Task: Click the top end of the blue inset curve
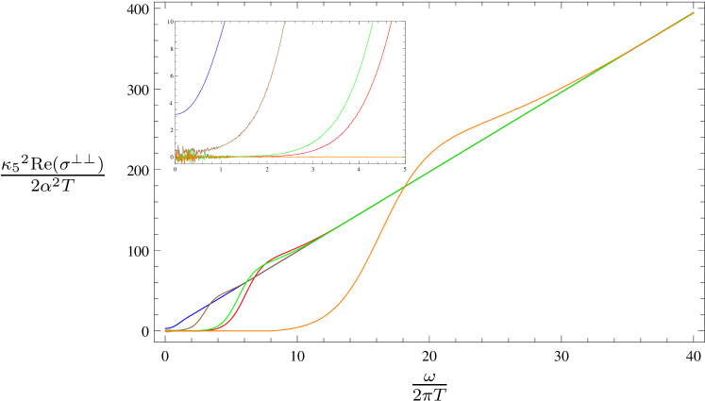(225, 23)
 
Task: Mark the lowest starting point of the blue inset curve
(176, 113)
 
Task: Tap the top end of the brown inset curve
(284, 23)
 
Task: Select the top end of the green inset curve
(373, 23)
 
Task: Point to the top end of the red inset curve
(391, 23)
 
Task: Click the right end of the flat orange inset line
(402, 157)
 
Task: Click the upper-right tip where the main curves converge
(694, 13)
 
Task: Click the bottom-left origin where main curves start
(166, 330)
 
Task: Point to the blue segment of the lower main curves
(189, 316)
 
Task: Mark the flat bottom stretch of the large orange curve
(264, 330)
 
